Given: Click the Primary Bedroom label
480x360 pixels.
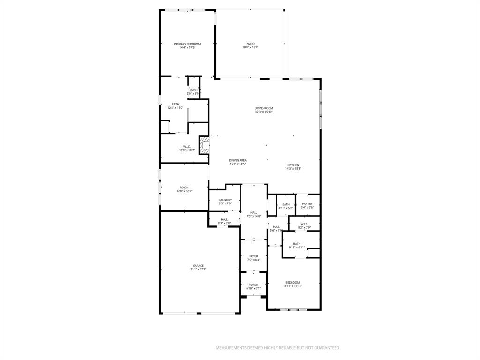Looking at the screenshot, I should (x=187, y=44).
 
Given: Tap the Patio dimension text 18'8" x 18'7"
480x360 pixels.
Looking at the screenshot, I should (x=250, y=47).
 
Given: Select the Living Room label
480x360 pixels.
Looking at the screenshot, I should (x=264, y=108).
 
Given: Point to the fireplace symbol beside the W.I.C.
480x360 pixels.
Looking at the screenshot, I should (x=204, y=145).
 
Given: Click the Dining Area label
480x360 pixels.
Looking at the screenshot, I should (x=238, y=160).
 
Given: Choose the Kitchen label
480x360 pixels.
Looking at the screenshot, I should (x=293, y=165).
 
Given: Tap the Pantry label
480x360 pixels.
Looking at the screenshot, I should (x=307, y=204).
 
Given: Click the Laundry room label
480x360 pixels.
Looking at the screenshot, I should (x=225, y=200).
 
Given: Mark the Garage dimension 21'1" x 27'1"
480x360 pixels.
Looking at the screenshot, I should (x=198, y=269).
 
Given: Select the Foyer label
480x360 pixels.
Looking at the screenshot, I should (x=254, y=256).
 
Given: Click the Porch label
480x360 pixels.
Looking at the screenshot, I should (x=253, y=285).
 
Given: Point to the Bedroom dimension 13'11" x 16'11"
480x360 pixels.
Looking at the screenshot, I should (x=292, y=286).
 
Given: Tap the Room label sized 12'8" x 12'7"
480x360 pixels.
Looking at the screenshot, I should (x=184, y=187).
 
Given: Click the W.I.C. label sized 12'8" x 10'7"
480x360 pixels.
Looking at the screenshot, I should (x=186, y=147).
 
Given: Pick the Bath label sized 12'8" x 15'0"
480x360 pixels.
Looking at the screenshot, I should (x=175, y=104).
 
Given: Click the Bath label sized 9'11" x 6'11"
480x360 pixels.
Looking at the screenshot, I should (x=297, y=244).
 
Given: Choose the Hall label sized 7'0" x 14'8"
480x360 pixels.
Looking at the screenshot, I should (x=254, y=213).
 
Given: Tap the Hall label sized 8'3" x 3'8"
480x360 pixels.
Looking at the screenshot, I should (x=225, y=219).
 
